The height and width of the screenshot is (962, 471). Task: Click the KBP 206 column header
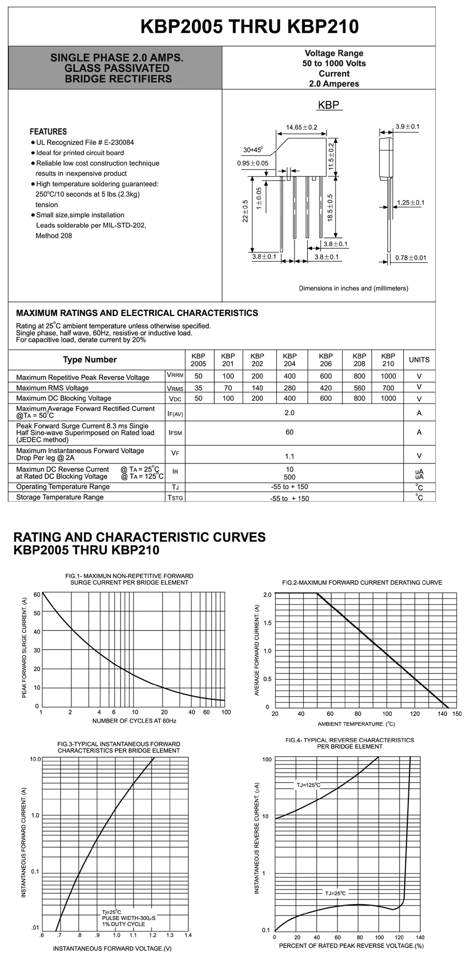[x=326, y=359]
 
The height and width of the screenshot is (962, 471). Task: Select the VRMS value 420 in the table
[x=326, y=388]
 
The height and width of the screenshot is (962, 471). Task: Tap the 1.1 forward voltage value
[x=289, y=456]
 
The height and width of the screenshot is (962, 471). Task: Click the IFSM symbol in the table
[x=175, y=432]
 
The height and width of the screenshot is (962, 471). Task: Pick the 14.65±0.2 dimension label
[x=302, y=127]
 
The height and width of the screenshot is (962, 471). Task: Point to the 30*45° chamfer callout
[x=253, y=150]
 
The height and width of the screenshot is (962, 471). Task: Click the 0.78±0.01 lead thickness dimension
[x=410, y=258]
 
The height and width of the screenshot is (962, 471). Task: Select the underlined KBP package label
[x=329, y=105]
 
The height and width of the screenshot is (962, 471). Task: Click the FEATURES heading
[x=48, y=131]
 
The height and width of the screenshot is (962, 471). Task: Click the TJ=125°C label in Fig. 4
[x=308, y=785]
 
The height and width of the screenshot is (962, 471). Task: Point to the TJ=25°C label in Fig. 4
[x=335, y=893]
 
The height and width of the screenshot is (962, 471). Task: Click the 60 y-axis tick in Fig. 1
[x=37, y=594]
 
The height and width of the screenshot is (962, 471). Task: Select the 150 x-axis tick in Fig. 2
[x=457, y=714]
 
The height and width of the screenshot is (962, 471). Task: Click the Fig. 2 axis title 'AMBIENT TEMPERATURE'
[x=356, y=724]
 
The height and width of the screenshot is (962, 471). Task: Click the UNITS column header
[x=419, y=359]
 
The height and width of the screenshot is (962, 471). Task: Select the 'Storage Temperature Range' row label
[x=60, y=497]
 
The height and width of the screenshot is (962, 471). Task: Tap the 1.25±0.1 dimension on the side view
[x=410, y=202]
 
